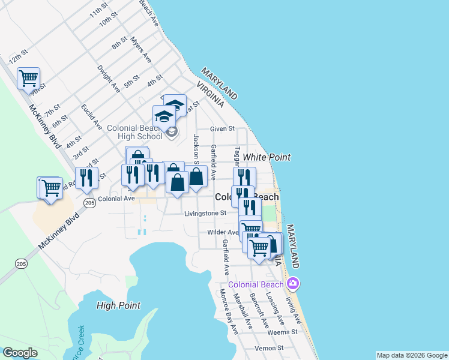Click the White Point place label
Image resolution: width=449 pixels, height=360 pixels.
point(267,157)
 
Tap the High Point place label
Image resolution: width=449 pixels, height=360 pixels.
point(118,305)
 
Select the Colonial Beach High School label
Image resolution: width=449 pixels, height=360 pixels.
point(134,132)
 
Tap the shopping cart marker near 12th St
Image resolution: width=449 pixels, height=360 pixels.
point(28,77)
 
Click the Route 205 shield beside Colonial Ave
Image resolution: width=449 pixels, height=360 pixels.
point(89,202)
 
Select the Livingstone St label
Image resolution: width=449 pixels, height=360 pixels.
point(205,212)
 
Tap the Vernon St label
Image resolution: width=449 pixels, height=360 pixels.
point(268,348)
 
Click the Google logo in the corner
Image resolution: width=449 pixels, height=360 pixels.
point(20,353)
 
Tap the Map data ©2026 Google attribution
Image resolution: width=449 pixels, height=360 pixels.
point(412,355)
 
